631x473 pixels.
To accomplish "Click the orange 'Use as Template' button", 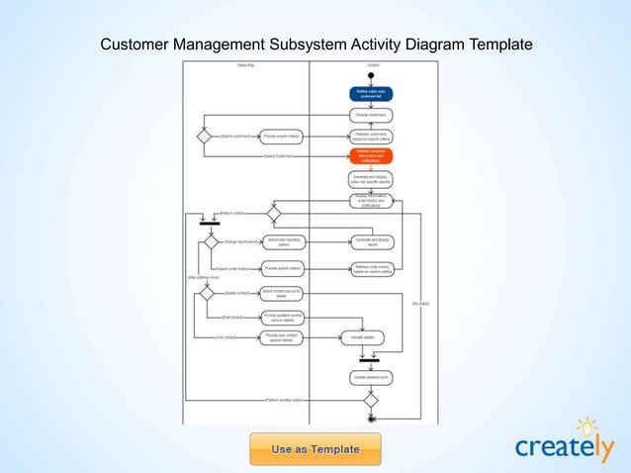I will pyautogui.click(x=315, y=448).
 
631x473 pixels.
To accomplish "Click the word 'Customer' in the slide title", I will pyautogui.click(x=136, y=45).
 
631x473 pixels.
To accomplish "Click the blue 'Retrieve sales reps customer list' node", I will pyautogui.click(x=371, y=94).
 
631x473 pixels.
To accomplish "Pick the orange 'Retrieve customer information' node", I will pyautogui.click(x=371, y=156).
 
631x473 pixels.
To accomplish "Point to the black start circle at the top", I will pyautogui.click(x=371, y=74).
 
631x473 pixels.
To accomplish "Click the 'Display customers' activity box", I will pyautogui.click(x=371, y=116).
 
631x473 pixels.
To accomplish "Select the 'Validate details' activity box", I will pyautogui.click(x=363, y=337).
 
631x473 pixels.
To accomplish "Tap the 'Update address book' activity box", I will pyautogui.click(x=371, y=377).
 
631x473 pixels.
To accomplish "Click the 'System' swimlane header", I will pyautogui.click(x=371, y=64).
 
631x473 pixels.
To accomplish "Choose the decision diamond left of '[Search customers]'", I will pyautogui.click(x=205, y=137).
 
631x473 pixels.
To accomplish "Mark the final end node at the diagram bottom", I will pyautogui.click(x=371, y=419).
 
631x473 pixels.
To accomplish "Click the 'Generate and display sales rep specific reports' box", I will pyautogui.click(x=371, y=179).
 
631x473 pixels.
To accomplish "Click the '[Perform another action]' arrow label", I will pyautogui.click(x=284, y=400).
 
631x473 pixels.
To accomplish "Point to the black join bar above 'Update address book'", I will pyautogui.click(x=371, y=359).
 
